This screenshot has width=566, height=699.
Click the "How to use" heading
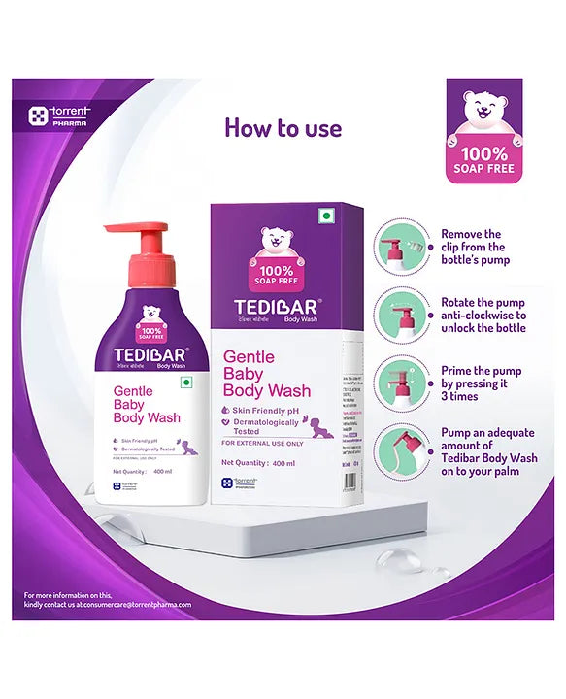click(x=283, y=128)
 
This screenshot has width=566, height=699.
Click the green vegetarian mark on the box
click(x=327, y=216)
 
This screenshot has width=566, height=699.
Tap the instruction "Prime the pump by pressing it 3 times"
click(x=482, y=383)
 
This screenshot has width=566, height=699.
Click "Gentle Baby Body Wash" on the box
click(x=267, y=375)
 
